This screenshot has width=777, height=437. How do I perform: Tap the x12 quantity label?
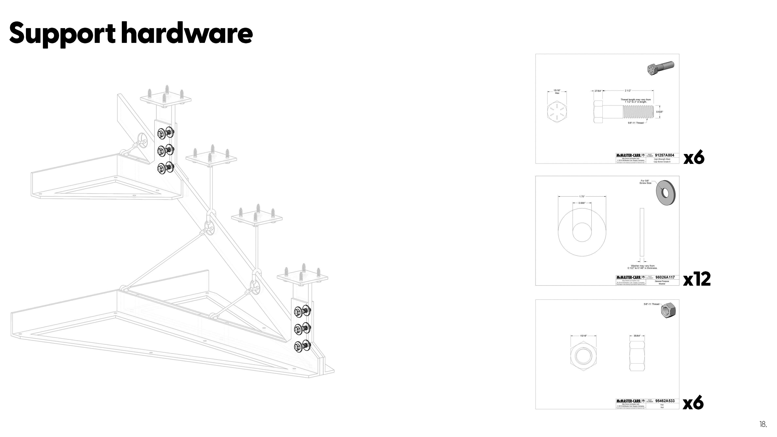pos(697,279)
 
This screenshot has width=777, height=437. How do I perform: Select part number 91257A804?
pos(664,155)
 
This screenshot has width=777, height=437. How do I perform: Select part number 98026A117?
pos(665,277)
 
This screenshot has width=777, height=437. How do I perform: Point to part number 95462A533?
pos(665,401)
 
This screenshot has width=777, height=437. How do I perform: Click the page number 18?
pos(763,424)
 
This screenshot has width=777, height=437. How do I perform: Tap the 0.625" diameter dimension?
pos(660,112)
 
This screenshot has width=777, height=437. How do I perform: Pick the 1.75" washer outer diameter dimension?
pos(582,197)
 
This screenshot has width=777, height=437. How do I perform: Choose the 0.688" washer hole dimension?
pos(582,203)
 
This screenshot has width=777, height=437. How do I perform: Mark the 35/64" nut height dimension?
pos(637,336)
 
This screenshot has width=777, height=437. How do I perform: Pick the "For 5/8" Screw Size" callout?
pos(645,182)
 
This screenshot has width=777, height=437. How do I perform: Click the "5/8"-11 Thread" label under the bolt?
pos(635,123)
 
